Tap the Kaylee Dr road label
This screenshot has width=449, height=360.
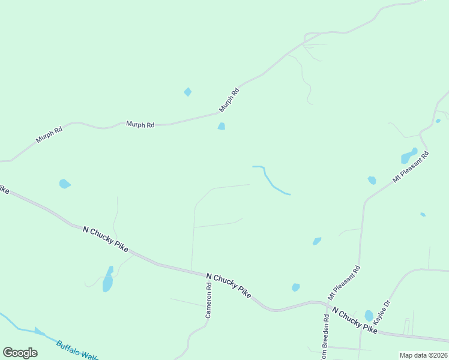[382, 312]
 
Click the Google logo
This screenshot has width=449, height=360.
[20, 353]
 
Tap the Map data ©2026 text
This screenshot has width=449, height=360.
[423, 355]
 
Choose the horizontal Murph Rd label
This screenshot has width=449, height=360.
[140, 124]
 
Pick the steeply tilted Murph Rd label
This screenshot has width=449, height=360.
[229, 100]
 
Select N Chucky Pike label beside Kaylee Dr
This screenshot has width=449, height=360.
[355, 321]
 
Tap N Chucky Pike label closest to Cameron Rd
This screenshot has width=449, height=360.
[228, 284]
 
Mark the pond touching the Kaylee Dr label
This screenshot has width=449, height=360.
[369, 316]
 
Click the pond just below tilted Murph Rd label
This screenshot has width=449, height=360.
[221, 126]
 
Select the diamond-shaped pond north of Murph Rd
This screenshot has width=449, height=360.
[188, 92]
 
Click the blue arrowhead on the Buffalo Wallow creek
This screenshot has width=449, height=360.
[40, 331]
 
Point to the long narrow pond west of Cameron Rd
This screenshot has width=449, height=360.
[108, 280]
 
